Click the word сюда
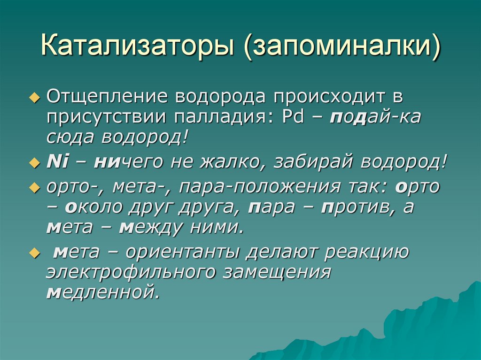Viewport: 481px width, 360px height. (70, 138)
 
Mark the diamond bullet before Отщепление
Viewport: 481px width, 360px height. (33, 97)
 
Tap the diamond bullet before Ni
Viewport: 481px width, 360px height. (33, 162)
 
